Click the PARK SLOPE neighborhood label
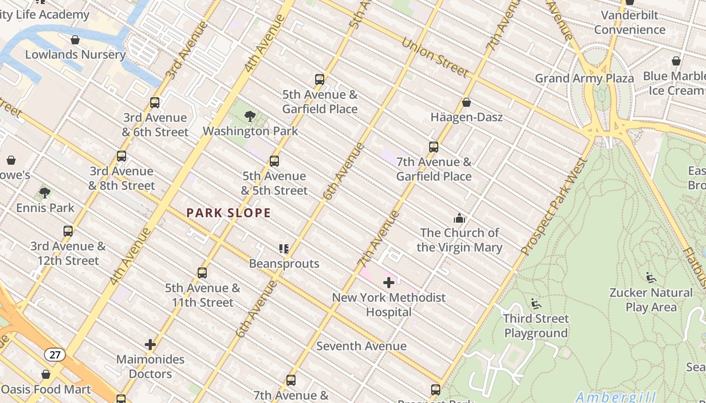[x=228, y=213]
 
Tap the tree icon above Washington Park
[x=250, y=116]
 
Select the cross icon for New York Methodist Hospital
[x=388, y=283]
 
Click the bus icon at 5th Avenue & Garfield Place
[x=319, y=80]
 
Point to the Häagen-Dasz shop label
[x=466, y=117]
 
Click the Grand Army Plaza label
[x=584, y=79]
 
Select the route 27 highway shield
[x=54, y=355]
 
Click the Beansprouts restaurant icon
[x=284, y=249]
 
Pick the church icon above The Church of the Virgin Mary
[x=459, y=218]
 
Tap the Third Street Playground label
[x=536, y=326]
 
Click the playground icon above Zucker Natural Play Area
[x=651, y=278]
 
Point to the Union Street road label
[x=435, y=57]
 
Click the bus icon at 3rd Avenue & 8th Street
[x=122, y=156]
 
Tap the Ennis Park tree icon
[x=45, y=193]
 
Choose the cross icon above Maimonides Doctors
[x=150, y=345]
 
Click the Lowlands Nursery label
[x=75, y=54]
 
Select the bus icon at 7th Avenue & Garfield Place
[x=434, y=147]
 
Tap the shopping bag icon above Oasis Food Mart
[x=46, y=375]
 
